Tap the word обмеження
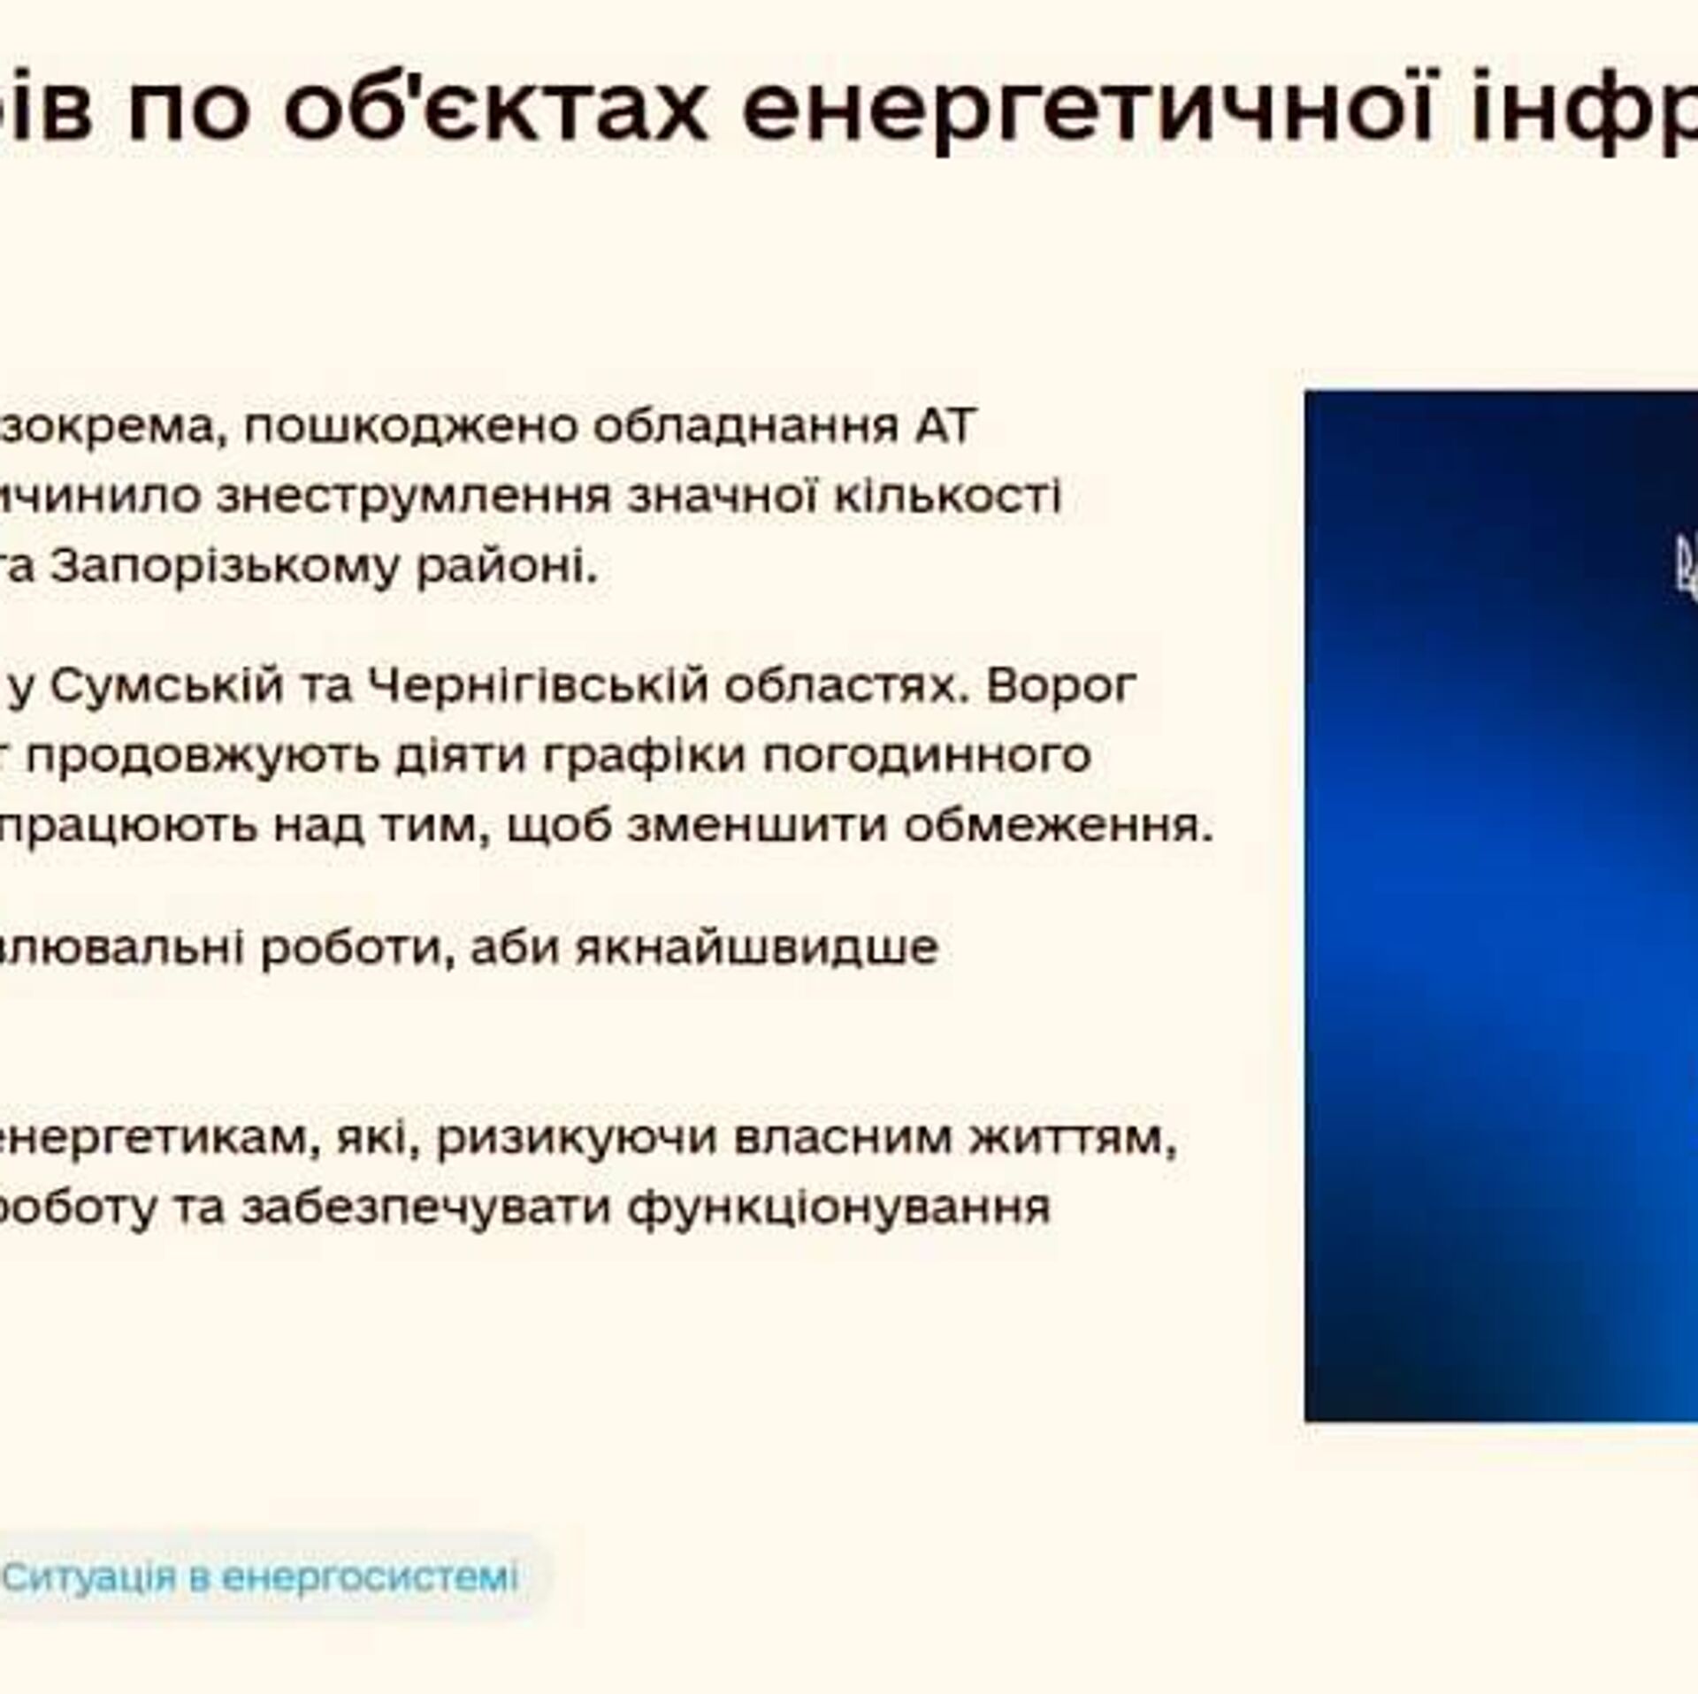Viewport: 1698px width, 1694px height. pyautogui.click(x=1058, y=825)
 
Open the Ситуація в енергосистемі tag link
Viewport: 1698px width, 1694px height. pyautogui.click(x=260, y=1576)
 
